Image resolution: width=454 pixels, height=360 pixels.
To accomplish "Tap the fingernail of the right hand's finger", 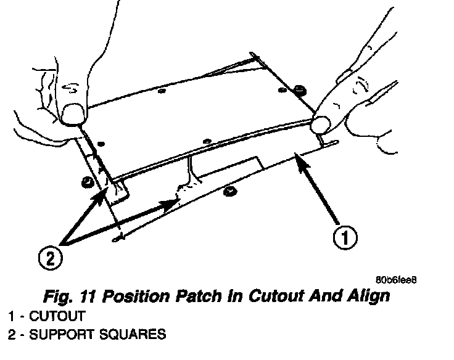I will tap(320, 125).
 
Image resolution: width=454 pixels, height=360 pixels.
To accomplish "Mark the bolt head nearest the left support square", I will tap(87, 181).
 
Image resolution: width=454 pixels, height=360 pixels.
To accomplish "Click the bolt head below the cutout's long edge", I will tap(230, 190).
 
